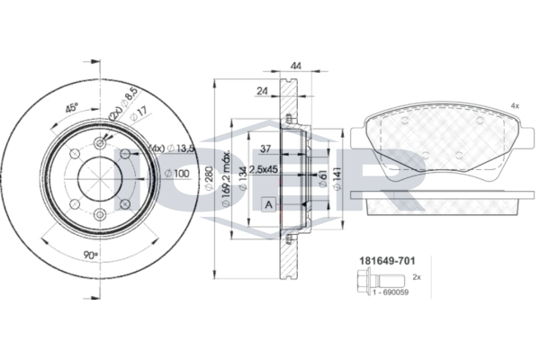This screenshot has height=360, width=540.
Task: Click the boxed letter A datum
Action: coord(269,204)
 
